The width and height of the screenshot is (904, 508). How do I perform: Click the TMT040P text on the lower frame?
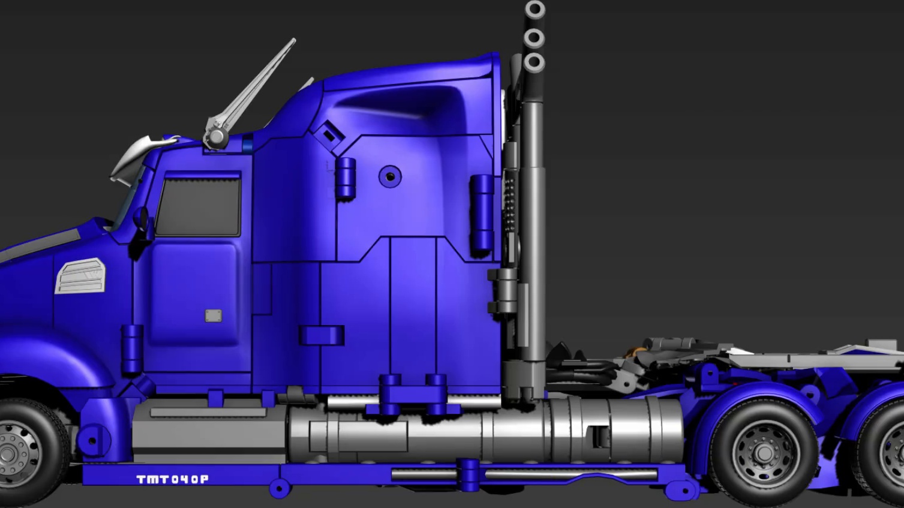173,479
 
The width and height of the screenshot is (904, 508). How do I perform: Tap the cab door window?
199,207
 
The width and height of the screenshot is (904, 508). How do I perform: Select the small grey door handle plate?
213,315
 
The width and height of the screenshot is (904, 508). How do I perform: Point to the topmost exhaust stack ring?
534,9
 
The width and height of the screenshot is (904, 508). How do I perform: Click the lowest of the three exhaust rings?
534,62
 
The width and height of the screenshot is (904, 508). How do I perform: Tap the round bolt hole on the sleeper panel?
390,177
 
